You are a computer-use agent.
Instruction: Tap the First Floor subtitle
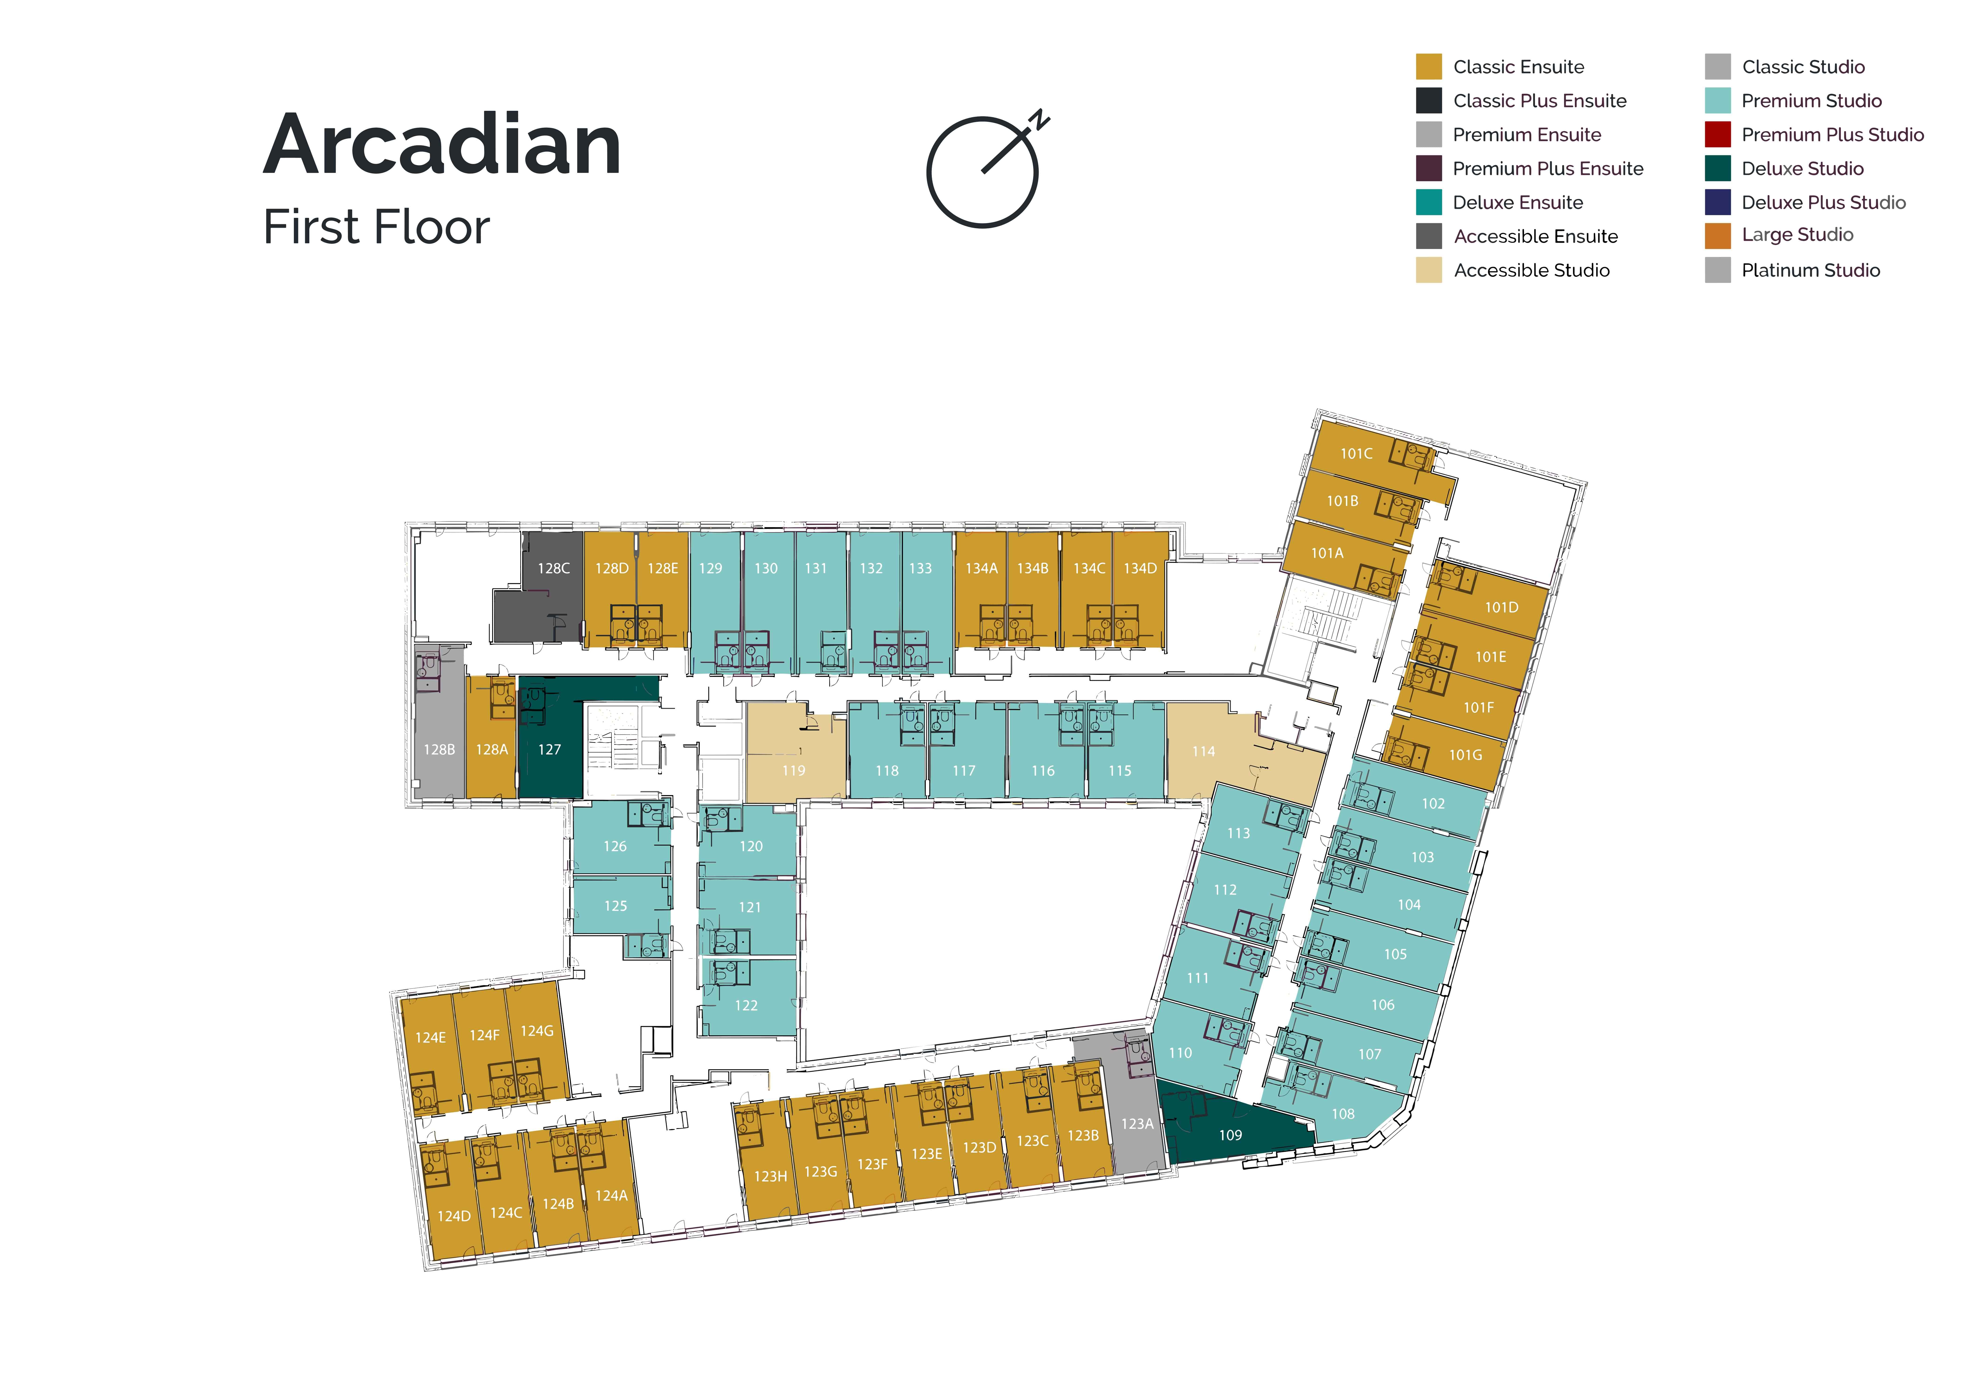376,227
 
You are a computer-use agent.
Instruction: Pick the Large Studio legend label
1797,235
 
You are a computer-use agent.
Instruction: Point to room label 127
549,750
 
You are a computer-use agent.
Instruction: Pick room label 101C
1356,454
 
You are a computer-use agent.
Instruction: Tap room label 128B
439,750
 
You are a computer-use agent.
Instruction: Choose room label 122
746,1005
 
